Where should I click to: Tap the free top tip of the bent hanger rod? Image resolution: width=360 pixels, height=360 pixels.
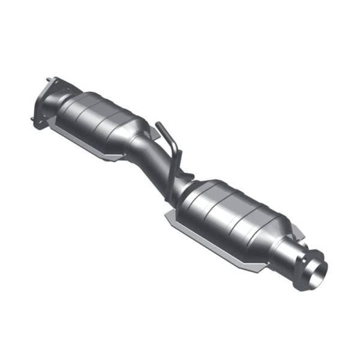(x=158, y=125)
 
